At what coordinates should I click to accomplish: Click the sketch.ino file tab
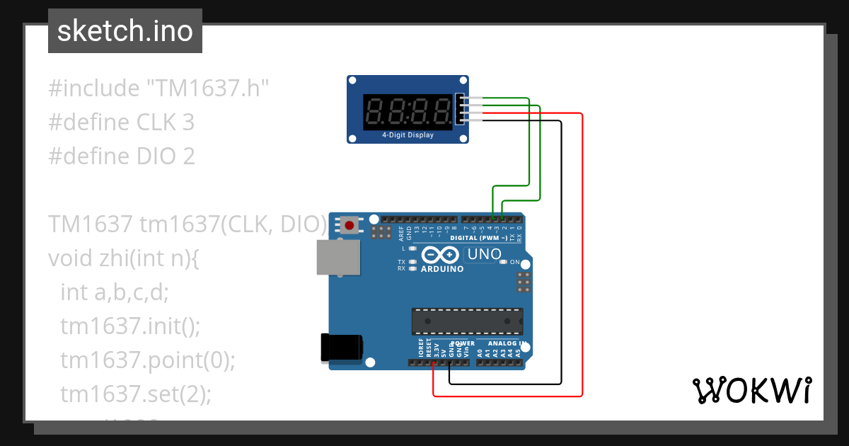tap(125, 31)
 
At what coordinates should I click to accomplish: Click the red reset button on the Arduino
tap(349, 226)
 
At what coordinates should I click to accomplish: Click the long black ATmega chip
tap(468, 321)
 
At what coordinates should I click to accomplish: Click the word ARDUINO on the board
tap(442, 269)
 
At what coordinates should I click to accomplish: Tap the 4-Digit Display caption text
tap(408, 135)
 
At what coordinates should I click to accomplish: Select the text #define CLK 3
tap(121, 122)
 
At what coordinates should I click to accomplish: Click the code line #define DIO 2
tap(121, 156)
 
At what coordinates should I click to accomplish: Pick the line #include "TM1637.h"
tap(159, 88)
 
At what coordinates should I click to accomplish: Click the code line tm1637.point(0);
tap(147, 360)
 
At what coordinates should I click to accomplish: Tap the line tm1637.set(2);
tap(136, 394)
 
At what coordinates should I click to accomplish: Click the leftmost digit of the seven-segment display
tap(375, 111)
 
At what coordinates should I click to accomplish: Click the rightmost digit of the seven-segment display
tap(441, 111)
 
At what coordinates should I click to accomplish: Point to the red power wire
tap(582, 255)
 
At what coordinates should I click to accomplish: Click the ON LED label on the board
tap(514, 262)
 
